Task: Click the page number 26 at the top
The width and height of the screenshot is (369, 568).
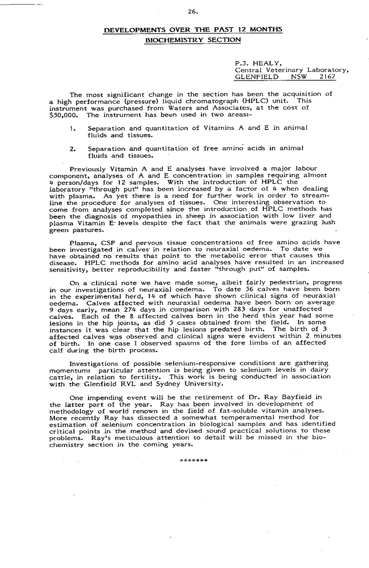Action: coord(193,11)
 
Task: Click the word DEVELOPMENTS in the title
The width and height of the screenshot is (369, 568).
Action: coord(128,30)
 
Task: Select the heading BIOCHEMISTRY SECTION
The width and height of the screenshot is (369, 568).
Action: coord(193,40)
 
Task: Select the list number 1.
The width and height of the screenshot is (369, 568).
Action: coord(72,128)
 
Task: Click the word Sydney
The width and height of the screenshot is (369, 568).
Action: coord(177,384)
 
